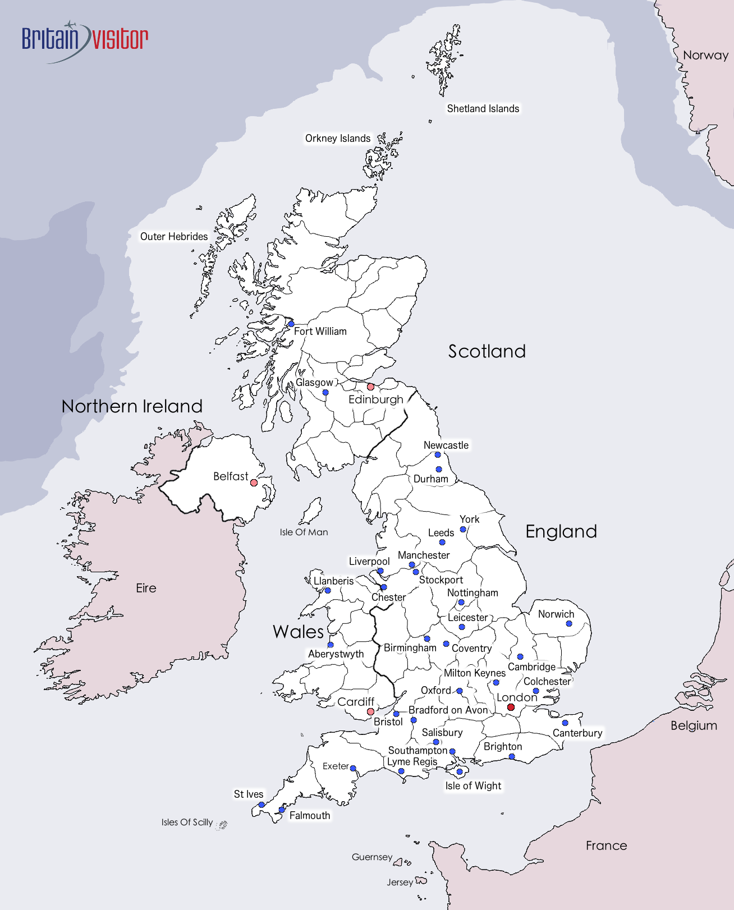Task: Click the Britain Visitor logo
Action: (85, 40)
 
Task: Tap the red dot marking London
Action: (511, 707)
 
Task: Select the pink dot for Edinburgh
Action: (370, 387)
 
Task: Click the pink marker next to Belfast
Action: (254, 482)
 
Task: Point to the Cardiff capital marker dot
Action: (370, 712)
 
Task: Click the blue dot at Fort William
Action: (291, 324)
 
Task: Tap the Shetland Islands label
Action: (483, 109)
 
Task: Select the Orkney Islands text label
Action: (337, 139)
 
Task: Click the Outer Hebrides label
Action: (174, 237)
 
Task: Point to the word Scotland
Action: (487, 352)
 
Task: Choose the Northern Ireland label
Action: (132, 407)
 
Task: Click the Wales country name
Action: (298, 632)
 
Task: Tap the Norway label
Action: (705, 56)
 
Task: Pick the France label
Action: (606, 846)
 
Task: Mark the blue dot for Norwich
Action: (569, 624)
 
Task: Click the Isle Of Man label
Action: (304, 532)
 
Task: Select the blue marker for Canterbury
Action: (565, 723)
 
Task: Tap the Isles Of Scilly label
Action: (187, 822)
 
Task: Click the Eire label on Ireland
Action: (146, 589)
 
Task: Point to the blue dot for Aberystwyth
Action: (331, 645)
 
